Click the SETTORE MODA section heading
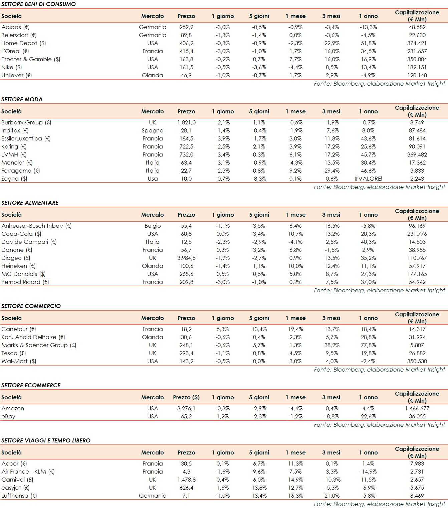tap(22, 99)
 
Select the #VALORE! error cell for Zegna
tap(368, 179)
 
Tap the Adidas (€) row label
tap(15, 27)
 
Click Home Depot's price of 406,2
tap(186, 43)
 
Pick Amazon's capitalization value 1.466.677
tap(417, 408)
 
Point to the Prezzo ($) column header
tap(186, 397)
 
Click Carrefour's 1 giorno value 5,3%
tap(223, 329)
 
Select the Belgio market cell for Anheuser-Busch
tap(153, 226)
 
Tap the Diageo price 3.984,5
tap(186, 258)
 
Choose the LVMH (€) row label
tap(14, 155)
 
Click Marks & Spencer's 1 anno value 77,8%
tap(368, 345)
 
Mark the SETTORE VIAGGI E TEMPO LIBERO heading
tap(46, 440)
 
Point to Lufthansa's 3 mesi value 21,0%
tap(332, 496)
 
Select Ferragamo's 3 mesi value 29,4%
tap(332, 171)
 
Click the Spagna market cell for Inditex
tap(153, 130)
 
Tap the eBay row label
tap(8, 416)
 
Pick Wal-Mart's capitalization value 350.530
tap(417, 361)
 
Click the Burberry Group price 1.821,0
tap(186, 122)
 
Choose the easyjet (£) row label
tap(15, 488)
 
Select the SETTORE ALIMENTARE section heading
tap(30, 203)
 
